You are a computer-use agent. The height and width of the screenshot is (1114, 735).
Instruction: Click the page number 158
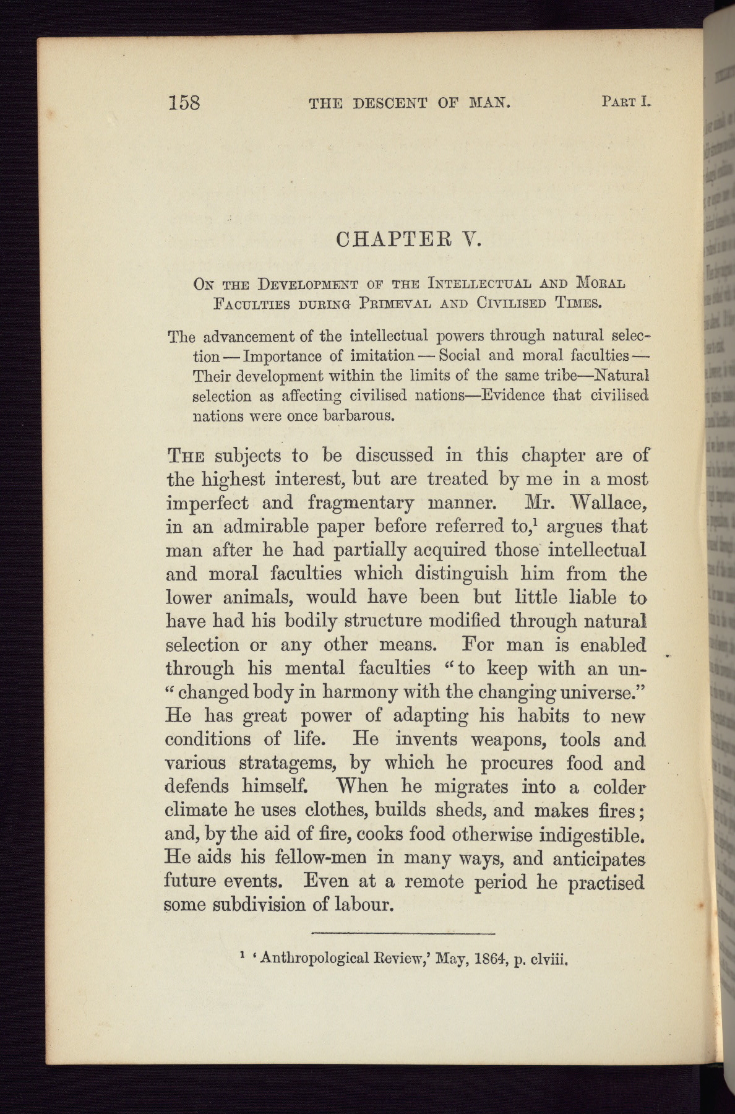click(x=184, y=101)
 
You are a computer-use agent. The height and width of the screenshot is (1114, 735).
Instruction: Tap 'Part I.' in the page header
click(x=626, y=101)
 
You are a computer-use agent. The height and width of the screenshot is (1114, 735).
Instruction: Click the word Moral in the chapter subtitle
click(x=601, y=284)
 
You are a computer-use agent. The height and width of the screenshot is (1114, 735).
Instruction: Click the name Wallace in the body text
click(x=607, y=503)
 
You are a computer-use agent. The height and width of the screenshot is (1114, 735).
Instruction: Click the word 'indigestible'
click(x=593, y=835)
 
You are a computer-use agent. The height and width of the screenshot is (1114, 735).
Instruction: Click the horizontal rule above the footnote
click(x=403, y=933)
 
